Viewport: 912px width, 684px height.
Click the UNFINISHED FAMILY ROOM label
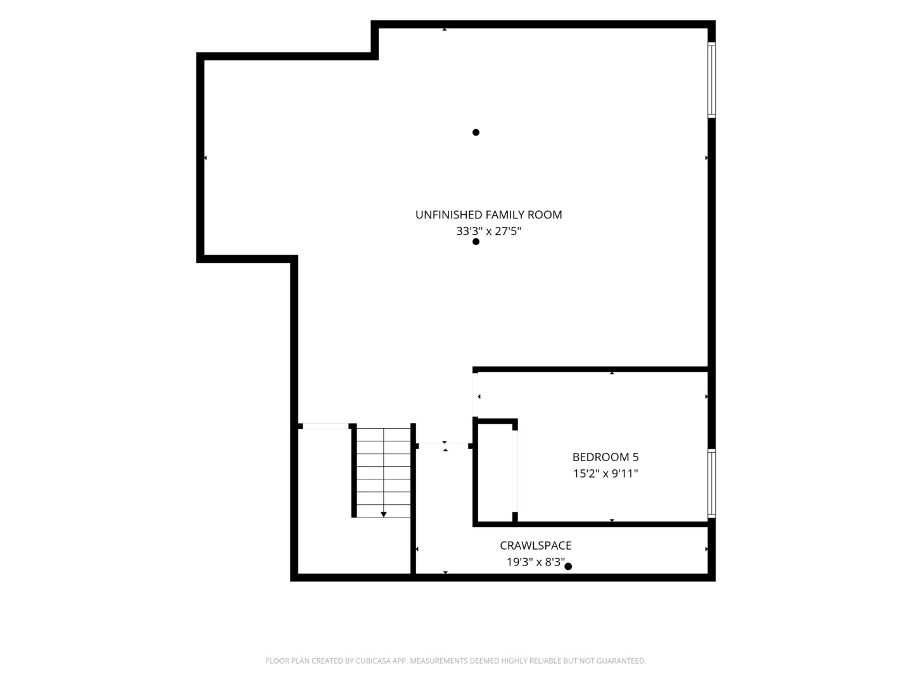point(488,215)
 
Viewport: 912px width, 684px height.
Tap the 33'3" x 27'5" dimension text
point(488,231)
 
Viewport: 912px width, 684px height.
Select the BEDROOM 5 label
point(605,457)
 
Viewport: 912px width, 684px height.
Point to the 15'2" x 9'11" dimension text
point(605,474)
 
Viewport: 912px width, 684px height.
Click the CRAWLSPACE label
point(535,545)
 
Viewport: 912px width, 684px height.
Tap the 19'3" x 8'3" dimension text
point(535,562)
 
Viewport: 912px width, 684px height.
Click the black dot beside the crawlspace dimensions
point(568,566)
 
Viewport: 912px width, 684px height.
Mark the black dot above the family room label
point(476,132)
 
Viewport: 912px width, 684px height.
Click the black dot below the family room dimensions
point(476,242)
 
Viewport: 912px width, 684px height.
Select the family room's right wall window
point(711,80)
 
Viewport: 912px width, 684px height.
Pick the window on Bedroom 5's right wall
point(711,483)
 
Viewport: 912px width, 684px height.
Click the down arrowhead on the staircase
point(384,514)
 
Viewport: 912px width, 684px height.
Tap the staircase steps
point(384,472)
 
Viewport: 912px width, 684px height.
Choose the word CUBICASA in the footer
point(373,661)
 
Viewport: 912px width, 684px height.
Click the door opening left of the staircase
point(326,426)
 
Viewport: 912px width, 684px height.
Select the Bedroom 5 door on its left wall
point(476,395)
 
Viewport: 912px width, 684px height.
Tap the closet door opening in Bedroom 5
point(515,471)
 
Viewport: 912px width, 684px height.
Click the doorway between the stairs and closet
point(443,446)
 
